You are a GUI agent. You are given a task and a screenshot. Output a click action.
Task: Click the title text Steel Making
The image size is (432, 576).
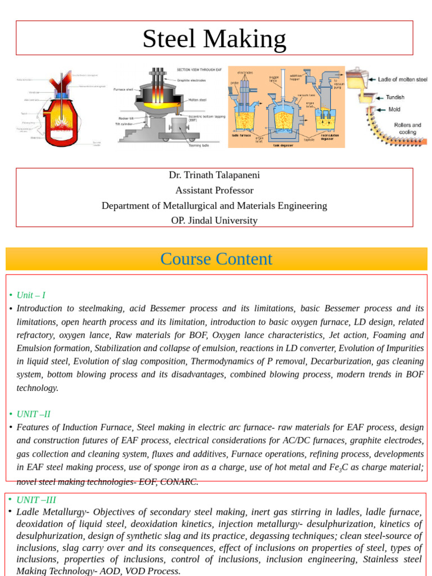[214, 39]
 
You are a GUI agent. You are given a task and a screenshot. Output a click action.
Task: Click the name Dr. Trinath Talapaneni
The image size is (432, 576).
[214, 175]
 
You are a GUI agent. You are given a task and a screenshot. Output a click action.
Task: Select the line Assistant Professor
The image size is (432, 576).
[214, 190]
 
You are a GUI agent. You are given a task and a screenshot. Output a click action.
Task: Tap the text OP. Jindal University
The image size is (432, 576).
[214, 220]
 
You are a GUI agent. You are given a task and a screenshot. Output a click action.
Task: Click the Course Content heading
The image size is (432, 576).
[216, 259]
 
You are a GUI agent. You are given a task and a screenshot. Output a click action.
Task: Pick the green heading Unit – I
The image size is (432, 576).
[31, 295]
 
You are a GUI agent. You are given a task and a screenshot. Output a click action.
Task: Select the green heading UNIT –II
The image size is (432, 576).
[34, 414]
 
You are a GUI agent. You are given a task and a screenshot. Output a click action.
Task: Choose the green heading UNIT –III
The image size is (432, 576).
[36, 499]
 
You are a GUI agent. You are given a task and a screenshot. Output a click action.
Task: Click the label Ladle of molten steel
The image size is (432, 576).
[402, 79]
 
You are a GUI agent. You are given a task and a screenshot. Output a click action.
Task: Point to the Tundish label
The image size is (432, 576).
[395, 97]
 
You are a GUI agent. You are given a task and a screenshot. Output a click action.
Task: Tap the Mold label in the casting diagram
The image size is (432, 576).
[394, 110]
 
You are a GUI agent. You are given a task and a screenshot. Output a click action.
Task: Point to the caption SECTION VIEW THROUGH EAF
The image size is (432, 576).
[199, 69]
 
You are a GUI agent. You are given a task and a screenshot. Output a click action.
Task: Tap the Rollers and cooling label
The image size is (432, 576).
[407, 128]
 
